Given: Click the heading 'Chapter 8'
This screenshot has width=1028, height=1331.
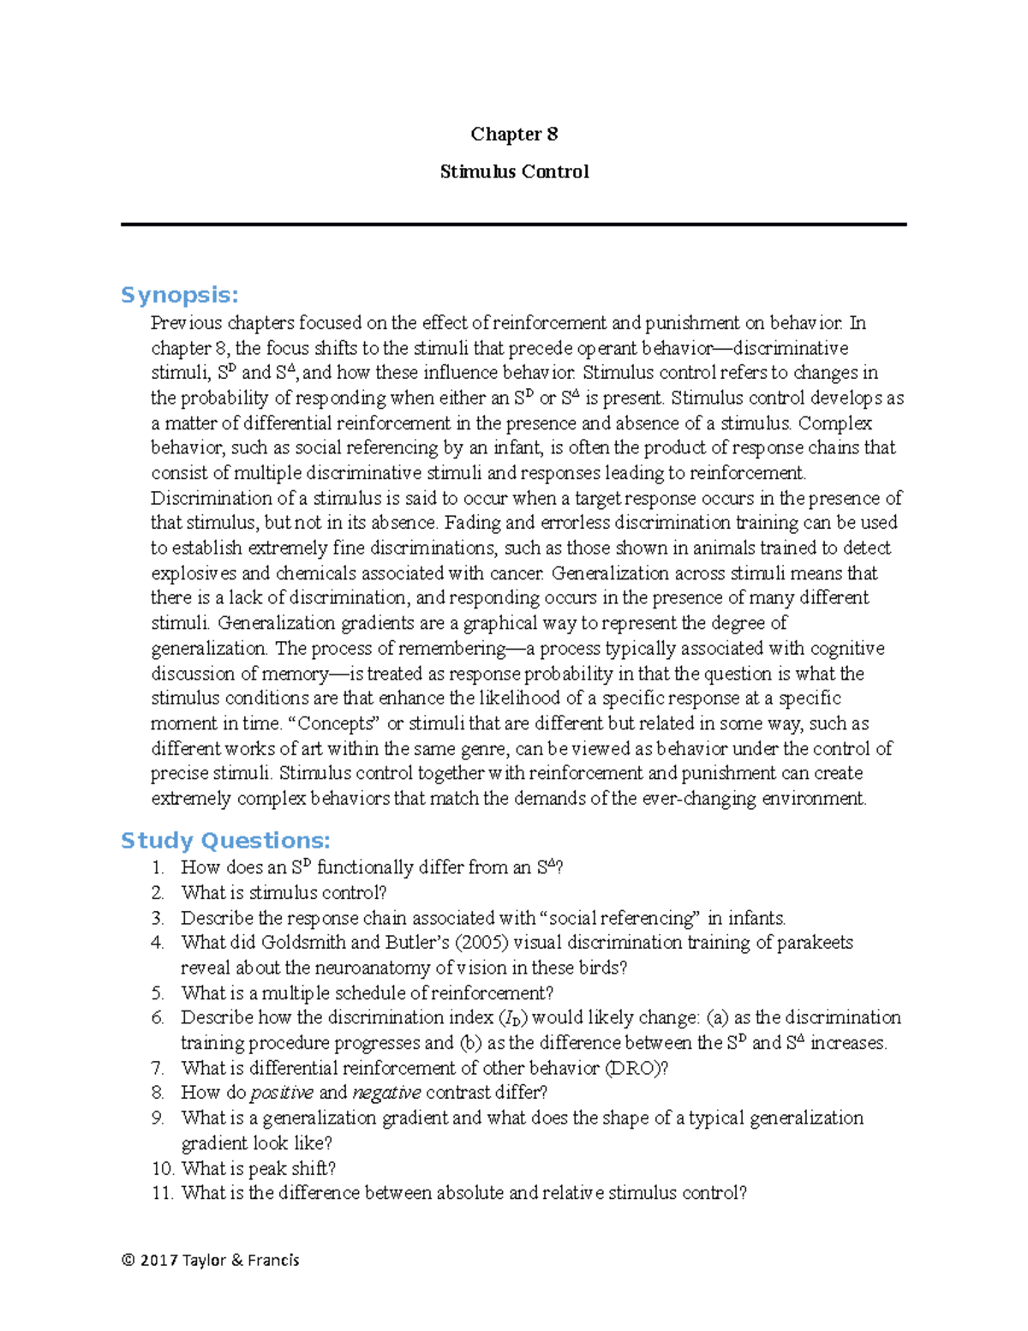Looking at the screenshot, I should (x=514, y=134).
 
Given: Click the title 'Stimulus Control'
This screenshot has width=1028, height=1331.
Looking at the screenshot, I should (x=514, y=171).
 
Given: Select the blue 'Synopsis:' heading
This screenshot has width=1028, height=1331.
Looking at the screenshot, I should (x=179, y=295).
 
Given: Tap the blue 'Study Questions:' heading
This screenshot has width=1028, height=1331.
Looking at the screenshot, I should (x=225, y=840).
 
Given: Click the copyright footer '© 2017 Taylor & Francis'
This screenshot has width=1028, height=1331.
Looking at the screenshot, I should (x=211, y=1260).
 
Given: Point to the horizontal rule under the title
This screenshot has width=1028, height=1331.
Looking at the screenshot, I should (x=514, y=225).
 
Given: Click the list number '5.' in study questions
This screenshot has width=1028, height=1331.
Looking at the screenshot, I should (x=158, y=993).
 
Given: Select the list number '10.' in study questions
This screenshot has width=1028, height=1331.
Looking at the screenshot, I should (x=163, y=1168).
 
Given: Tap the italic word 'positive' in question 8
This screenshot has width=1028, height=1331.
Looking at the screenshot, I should (x=282, y=1093).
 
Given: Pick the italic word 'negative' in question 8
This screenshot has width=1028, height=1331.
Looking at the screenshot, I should (x=386, y=1093).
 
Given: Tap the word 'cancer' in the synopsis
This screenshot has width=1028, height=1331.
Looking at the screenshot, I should (x=517, y=573).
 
